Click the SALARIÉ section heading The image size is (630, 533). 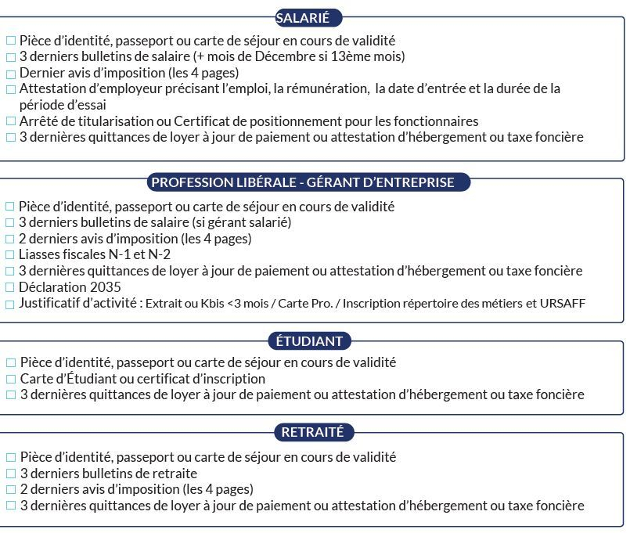(308, 17)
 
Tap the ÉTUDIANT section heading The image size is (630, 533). (309, 341)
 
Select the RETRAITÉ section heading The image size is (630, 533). (308, 432)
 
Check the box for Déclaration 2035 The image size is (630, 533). (10, 287)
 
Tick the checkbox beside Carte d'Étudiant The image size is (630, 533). (10, 380)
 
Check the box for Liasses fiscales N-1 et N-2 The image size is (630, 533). (10, 255)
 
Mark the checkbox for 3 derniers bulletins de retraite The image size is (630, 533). (10, 474)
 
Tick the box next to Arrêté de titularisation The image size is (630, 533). (10, 122)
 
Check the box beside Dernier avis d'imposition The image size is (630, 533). (10, 74)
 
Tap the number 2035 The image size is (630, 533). (106, 287)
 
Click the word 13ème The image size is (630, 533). (349, 57)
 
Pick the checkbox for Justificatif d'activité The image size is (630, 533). (10, 304)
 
